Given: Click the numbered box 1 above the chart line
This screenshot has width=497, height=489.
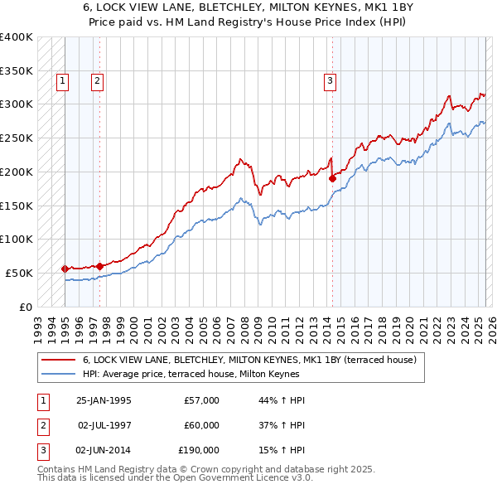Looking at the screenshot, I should click(x=64, y=80).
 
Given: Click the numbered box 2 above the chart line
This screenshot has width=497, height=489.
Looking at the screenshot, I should click(x=97, y=80).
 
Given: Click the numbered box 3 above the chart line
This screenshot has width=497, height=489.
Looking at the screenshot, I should click(x=330, y=80).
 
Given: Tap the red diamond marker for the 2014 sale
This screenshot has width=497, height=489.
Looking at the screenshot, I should click(x=332, y=177).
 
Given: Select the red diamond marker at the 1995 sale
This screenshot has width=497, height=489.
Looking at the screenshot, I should click(x=65, y=269).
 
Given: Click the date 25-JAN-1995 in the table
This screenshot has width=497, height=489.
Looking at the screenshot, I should click(x=104, y=400).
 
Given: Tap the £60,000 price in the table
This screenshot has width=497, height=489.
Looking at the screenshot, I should click(x=201, y=425).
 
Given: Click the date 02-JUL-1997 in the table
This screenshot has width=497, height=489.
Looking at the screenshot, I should click(x=104, y=425).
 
